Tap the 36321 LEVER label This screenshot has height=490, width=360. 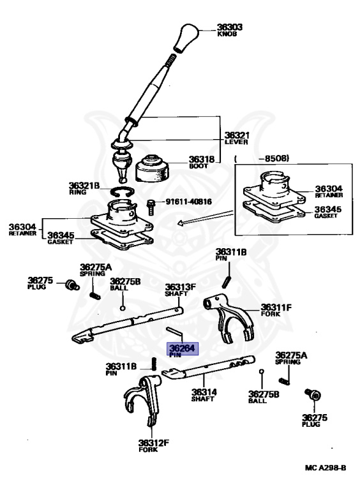pyautogui.click(x=236, y=137)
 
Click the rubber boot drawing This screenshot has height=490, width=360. pyautogui.click(x=154, y=169)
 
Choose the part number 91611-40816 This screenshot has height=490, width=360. pyautogui.click(x=189, y=202)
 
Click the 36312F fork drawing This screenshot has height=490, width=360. pyautogui.click(x=142, y=402)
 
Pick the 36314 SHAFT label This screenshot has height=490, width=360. pyautogui.click(x=202, y=395)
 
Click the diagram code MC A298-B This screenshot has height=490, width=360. pyautogui.click(x=325, y=468)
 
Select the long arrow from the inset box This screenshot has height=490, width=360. pyautogui.click(x=207, y=217)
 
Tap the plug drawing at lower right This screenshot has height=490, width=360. pyautogui.click(x=313, y=396)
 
